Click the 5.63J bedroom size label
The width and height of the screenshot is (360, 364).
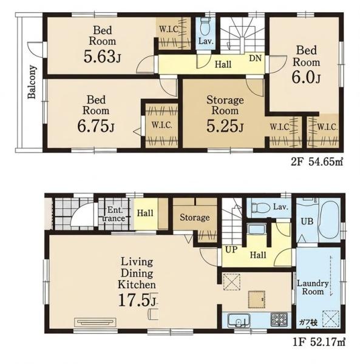click(x=102, y=56)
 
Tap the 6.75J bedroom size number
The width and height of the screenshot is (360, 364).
click(x=96, y=126)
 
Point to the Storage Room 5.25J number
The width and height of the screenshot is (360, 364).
click(x=225, y=126)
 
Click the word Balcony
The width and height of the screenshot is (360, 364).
click(x=32, y=82)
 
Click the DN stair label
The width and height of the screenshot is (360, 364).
click(x=255, y=58)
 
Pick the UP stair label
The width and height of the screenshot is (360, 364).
click(x=231, y=249)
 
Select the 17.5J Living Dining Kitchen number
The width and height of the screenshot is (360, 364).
click(x=137, y=300)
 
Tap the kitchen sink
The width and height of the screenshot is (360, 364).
click(x=238, y=320)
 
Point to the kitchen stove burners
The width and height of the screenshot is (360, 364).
click(x=279, y=318)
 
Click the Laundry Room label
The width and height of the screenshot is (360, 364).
click(x=313, y=288)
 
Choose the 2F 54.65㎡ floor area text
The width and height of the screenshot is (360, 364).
click(x=317, y=162)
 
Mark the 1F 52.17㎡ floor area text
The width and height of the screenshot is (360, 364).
click(x=319, y=342)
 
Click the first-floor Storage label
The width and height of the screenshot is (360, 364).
click(x=195, y=218)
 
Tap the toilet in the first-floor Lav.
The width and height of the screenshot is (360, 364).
click(x=261, y=207)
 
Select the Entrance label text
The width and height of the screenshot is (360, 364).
click(x=114, y=215)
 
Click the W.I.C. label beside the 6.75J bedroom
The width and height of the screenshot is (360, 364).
click(x=162, y=126)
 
